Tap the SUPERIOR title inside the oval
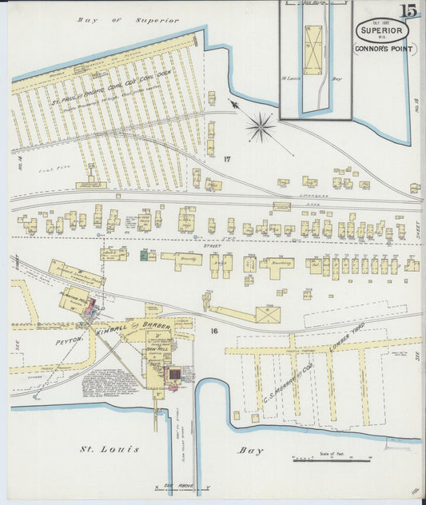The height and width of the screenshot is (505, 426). click(x=382, y=32)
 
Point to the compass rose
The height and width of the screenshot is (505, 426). click(x=260, y=125)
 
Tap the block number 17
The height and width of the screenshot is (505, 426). click(x=227, y=159)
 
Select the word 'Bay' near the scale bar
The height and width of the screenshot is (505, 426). click(x=250, y=451)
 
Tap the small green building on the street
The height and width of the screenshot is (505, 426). click(x=145, y=256)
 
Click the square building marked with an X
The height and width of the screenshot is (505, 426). click(x=268, y=315)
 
